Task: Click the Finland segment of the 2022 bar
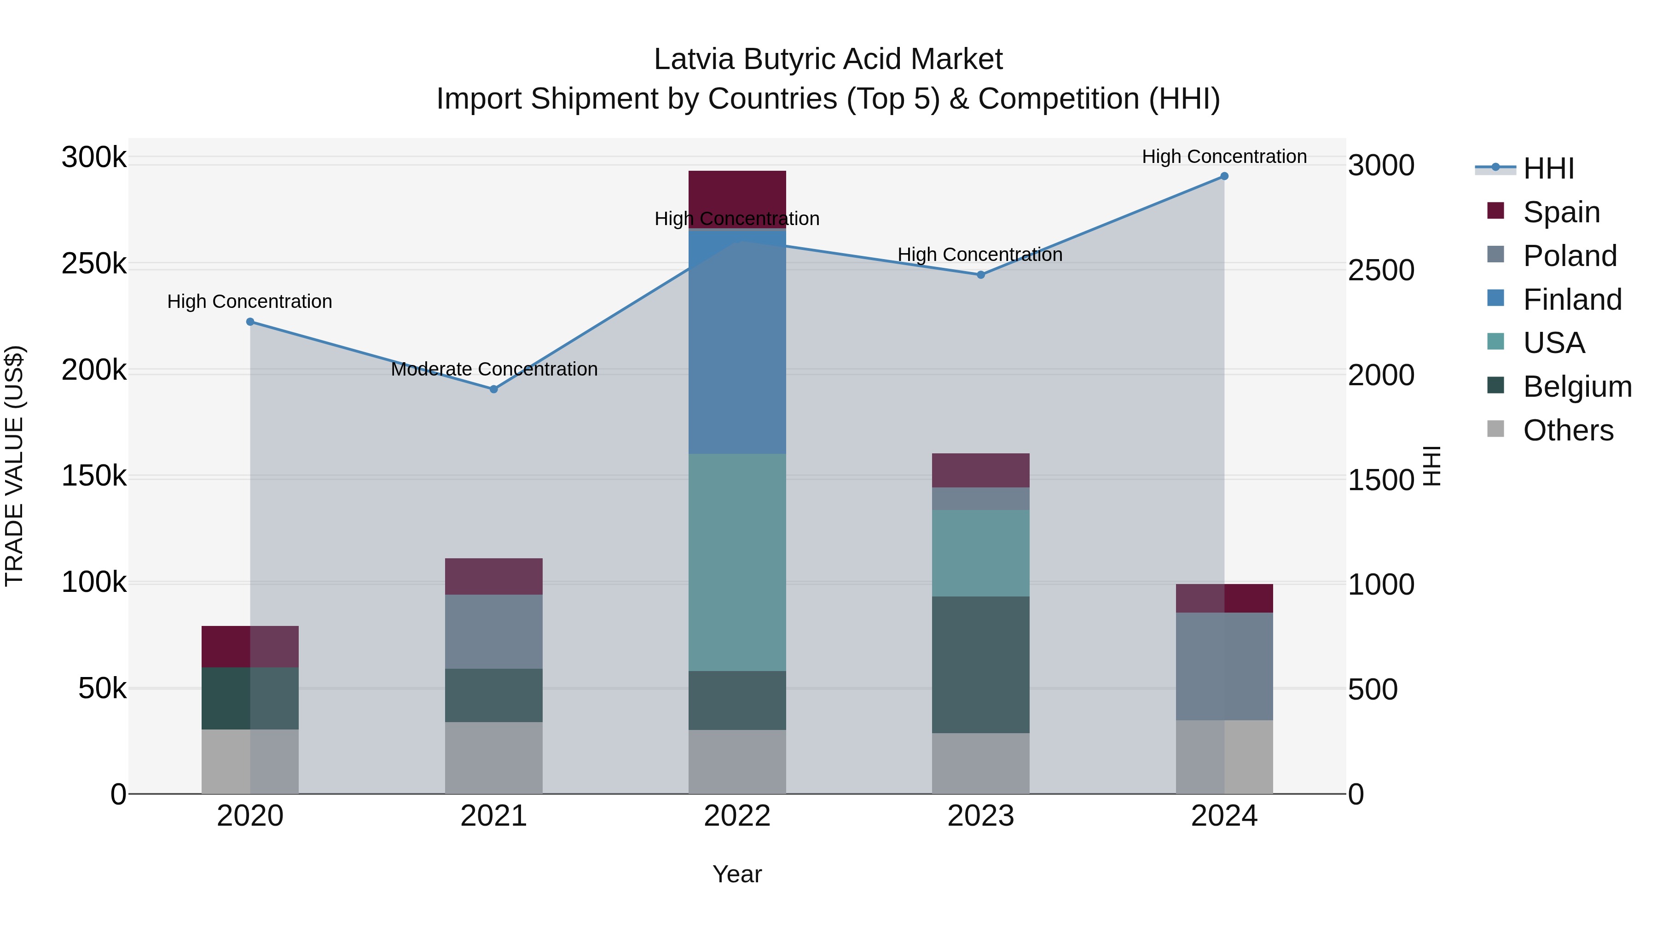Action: [737, 342]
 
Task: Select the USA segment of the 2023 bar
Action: [980, 553]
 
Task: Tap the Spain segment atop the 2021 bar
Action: [493, 576]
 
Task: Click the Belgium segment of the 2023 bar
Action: [980, 665]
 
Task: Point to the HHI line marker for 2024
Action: [1224, 176]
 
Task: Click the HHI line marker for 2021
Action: [493, 389]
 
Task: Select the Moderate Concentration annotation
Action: [494, 369]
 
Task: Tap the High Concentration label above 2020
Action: [249, 301]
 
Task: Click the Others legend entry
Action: [1568, 430]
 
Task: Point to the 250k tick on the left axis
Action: [94, 264]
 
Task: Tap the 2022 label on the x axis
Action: [737, 816]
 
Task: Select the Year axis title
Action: [737, 874]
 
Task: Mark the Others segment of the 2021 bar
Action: [493, 758]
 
